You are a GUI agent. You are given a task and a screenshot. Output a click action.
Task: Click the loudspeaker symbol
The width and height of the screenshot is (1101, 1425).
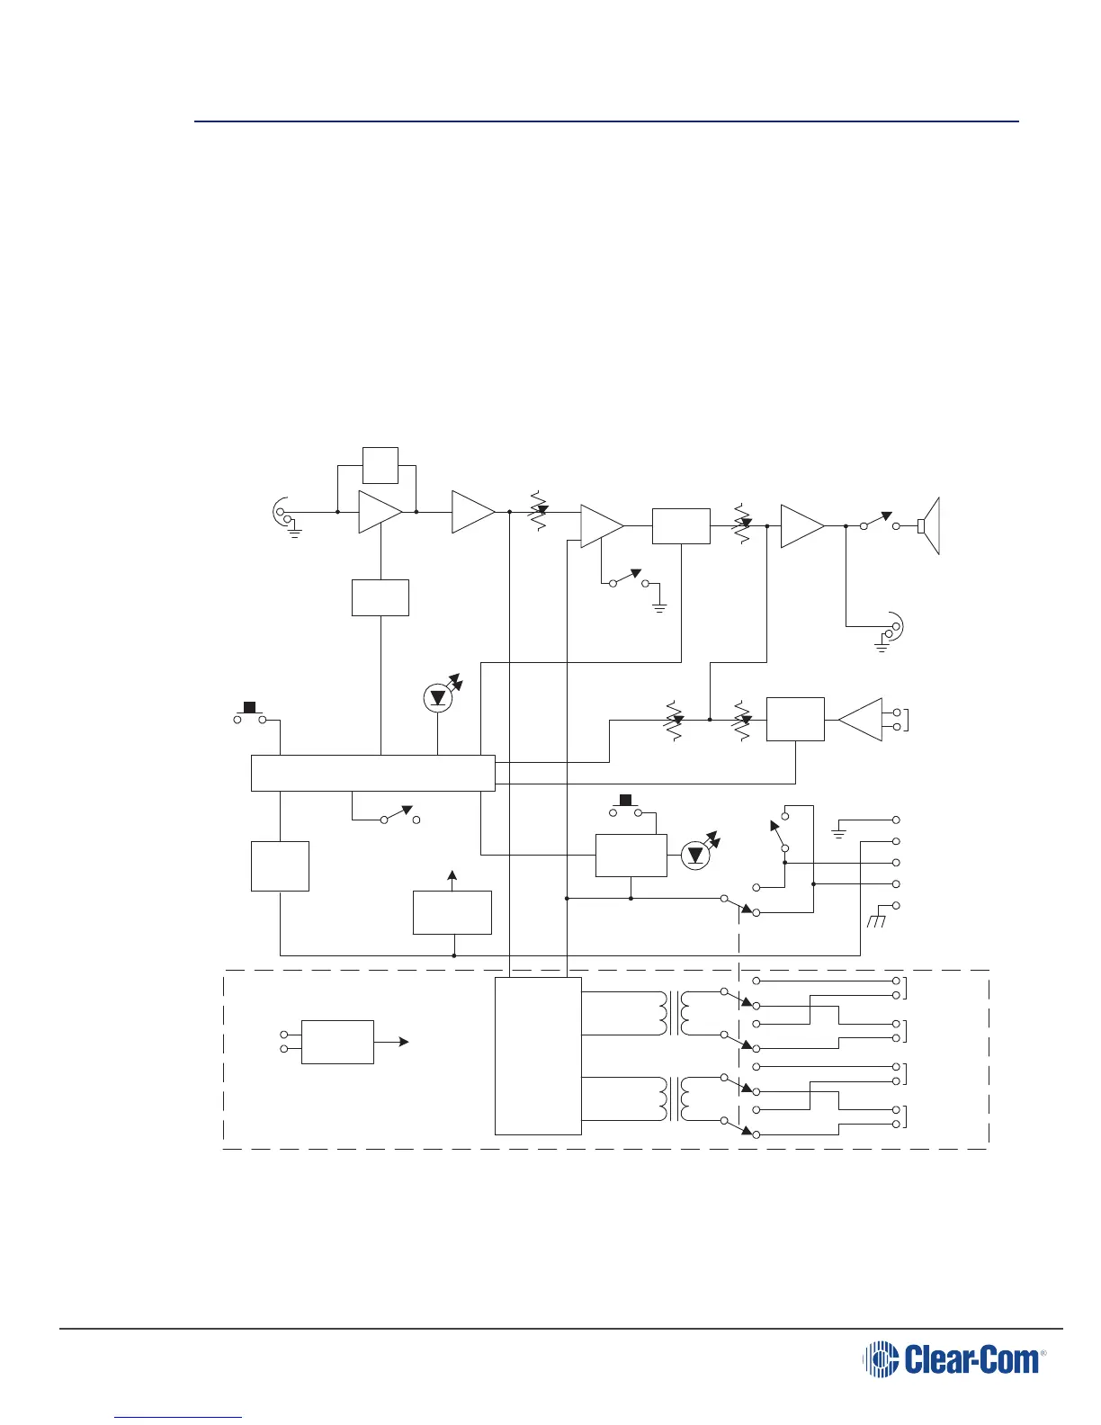coord(929,525)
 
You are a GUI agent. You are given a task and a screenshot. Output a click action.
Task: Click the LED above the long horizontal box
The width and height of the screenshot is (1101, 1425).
coord(437,698)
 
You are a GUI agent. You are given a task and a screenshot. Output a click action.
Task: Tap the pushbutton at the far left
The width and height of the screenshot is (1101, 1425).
coord(249,715)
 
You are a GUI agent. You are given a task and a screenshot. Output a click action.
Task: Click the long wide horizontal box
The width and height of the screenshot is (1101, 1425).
coord(372,773)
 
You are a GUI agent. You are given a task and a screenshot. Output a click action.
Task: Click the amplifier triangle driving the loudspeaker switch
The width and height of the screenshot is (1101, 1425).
coord(802,526)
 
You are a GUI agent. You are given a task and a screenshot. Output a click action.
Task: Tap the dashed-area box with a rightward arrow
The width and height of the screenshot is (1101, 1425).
coord(337,1042)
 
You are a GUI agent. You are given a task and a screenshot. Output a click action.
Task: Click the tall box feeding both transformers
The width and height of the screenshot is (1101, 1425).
coord(538,1055)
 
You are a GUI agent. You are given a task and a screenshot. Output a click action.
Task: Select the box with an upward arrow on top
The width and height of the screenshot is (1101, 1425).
coord(452,912)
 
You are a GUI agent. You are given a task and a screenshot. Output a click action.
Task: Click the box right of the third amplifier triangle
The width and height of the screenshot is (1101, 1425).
coord(681,526)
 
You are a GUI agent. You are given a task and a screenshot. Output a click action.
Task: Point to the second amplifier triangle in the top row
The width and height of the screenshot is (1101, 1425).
coord(472,512)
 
